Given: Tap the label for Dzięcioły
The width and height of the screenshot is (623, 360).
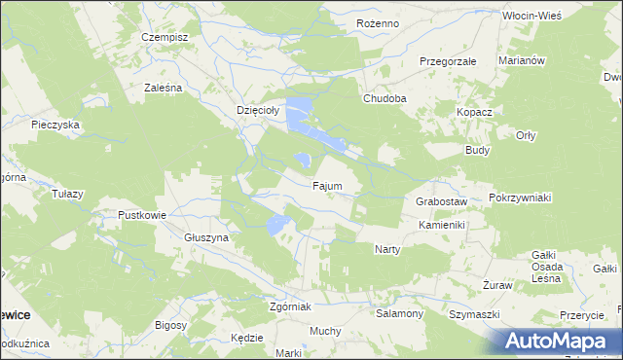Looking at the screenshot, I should pyautogui.click(x=258, y=111).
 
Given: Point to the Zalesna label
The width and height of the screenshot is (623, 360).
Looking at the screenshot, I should pyautogui.click(x=164, y=88).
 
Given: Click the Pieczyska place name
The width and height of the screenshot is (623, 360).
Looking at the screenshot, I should pyautogui.click(x=55, y=125).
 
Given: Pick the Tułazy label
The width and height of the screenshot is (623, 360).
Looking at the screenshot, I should pyautogui.click(x=67, y=194).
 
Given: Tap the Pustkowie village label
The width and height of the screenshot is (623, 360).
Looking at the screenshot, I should pyautogui.click(x=142, y=215).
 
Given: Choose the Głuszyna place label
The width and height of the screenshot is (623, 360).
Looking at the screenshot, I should pyautogui.click(x=205, y=237).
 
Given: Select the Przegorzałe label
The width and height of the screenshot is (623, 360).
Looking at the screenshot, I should pyautogui.click(x=447, y=60).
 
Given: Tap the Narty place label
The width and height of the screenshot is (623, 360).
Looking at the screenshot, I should pyautogui.click(x=387, y=249).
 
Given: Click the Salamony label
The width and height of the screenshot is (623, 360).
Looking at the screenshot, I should pyautogui.click(x=399, y=313).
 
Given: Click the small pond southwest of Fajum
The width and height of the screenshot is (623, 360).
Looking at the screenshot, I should pyautogui.click(x=277, y=226).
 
